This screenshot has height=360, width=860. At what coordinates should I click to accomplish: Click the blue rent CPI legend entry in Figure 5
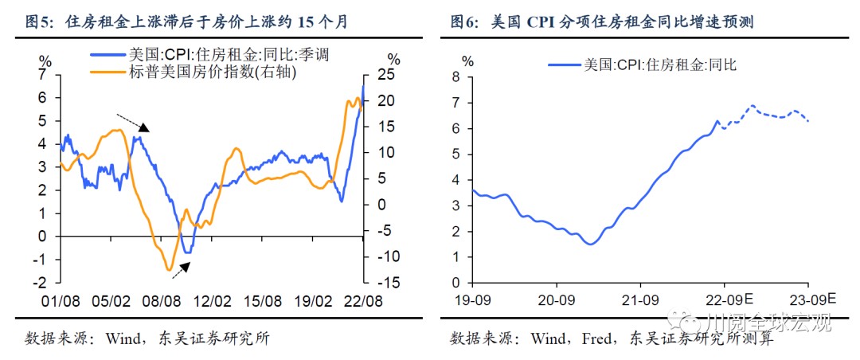pyautogui.click(x=210, y=56)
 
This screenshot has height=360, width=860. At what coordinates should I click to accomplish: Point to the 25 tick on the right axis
pyautogui.click(x=386, y=76)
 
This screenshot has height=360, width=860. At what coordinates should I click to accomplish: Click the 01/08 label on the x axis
pyautogui.click(x=61, y=302)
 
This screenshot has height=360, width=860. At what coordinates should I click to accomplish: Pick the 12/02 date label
pyautogui.click(x=213, y=302)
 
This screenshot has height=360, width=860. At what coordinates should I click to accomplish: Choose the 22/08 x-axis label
pyautogui.click(x=363, y=302)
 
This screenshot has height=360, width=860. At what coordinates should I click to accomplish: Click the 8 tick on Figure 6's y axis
pyautogui.click(x=457, y=76)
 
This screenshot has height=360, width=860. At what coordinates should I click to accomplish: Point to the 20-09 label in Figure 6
pyautogui.click(x=555, y=301)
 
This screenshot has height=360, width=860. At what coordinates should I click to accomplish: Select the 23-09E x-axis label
pyautogui.click(x=813, y=301)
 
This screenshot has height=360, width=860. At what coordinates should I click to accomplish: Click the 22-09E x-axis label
pyautogui.click(x=729, y=301)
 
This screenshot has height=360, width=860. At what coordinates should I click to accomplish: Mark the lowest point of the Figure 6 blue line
pyautogui.click(x=590, y=244)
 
